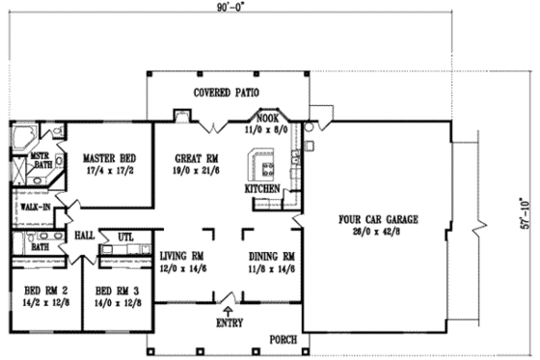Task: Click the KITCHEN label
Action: click(262, 189)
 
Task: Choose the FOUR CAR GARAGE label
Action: click(378, 220)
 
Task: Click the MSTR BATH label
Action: click(40, 159)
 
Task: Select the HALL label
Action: click(84, 235)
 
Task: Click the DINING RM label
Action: click(271, 256)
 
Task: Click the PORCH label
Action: click(282, 339)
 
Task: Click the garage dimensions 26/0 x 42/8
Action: click(378, 232)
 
